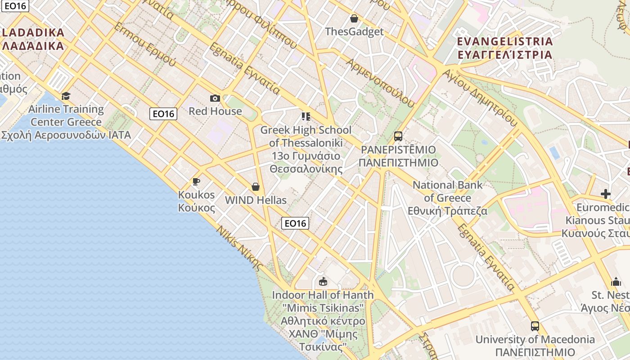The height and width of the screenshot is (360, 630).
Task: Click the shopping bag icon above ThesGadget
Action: click(354, 18)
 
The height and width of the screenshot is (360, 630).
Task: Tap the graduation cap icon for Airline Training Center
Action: click(66, 96)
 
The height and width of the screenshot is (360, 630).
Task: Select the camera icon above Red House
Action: click(215, 98)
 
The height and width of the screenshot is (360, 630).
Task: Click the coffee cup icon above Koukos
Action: click(196, 182)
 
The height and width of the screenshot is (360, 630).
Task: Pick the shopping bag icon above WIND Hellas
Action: click(256, 187)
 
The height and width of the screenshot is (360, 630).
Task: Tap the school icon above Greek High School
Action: click(306, 117)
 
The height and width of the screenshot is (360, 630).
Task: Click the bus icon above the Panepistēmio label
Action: click(398, 136)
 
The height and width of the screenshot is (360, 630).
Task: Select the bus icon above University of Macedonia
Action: click(535, 326)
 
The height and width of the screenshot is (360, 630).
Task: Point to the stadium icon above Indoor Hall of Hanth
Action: click(323, 282)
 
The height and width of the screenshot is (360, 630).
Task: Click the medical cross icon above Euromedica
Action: click(606, 194)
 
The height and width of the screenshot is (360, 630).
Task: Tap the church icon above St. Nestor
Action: click(616, 282)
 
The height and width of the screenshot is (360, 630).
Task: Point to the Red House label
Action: click(215, 111)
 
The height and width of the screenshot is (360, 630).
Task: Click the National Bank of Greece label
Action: click(447, 198)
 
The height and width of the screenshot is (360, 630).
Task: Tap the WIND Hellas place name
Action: click(256, 200)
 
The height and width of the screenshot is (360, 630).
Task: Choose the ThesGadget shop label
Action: click(354, 31)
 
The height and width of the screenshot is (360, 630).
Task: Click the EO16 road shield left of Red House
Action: click(163, 114)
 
